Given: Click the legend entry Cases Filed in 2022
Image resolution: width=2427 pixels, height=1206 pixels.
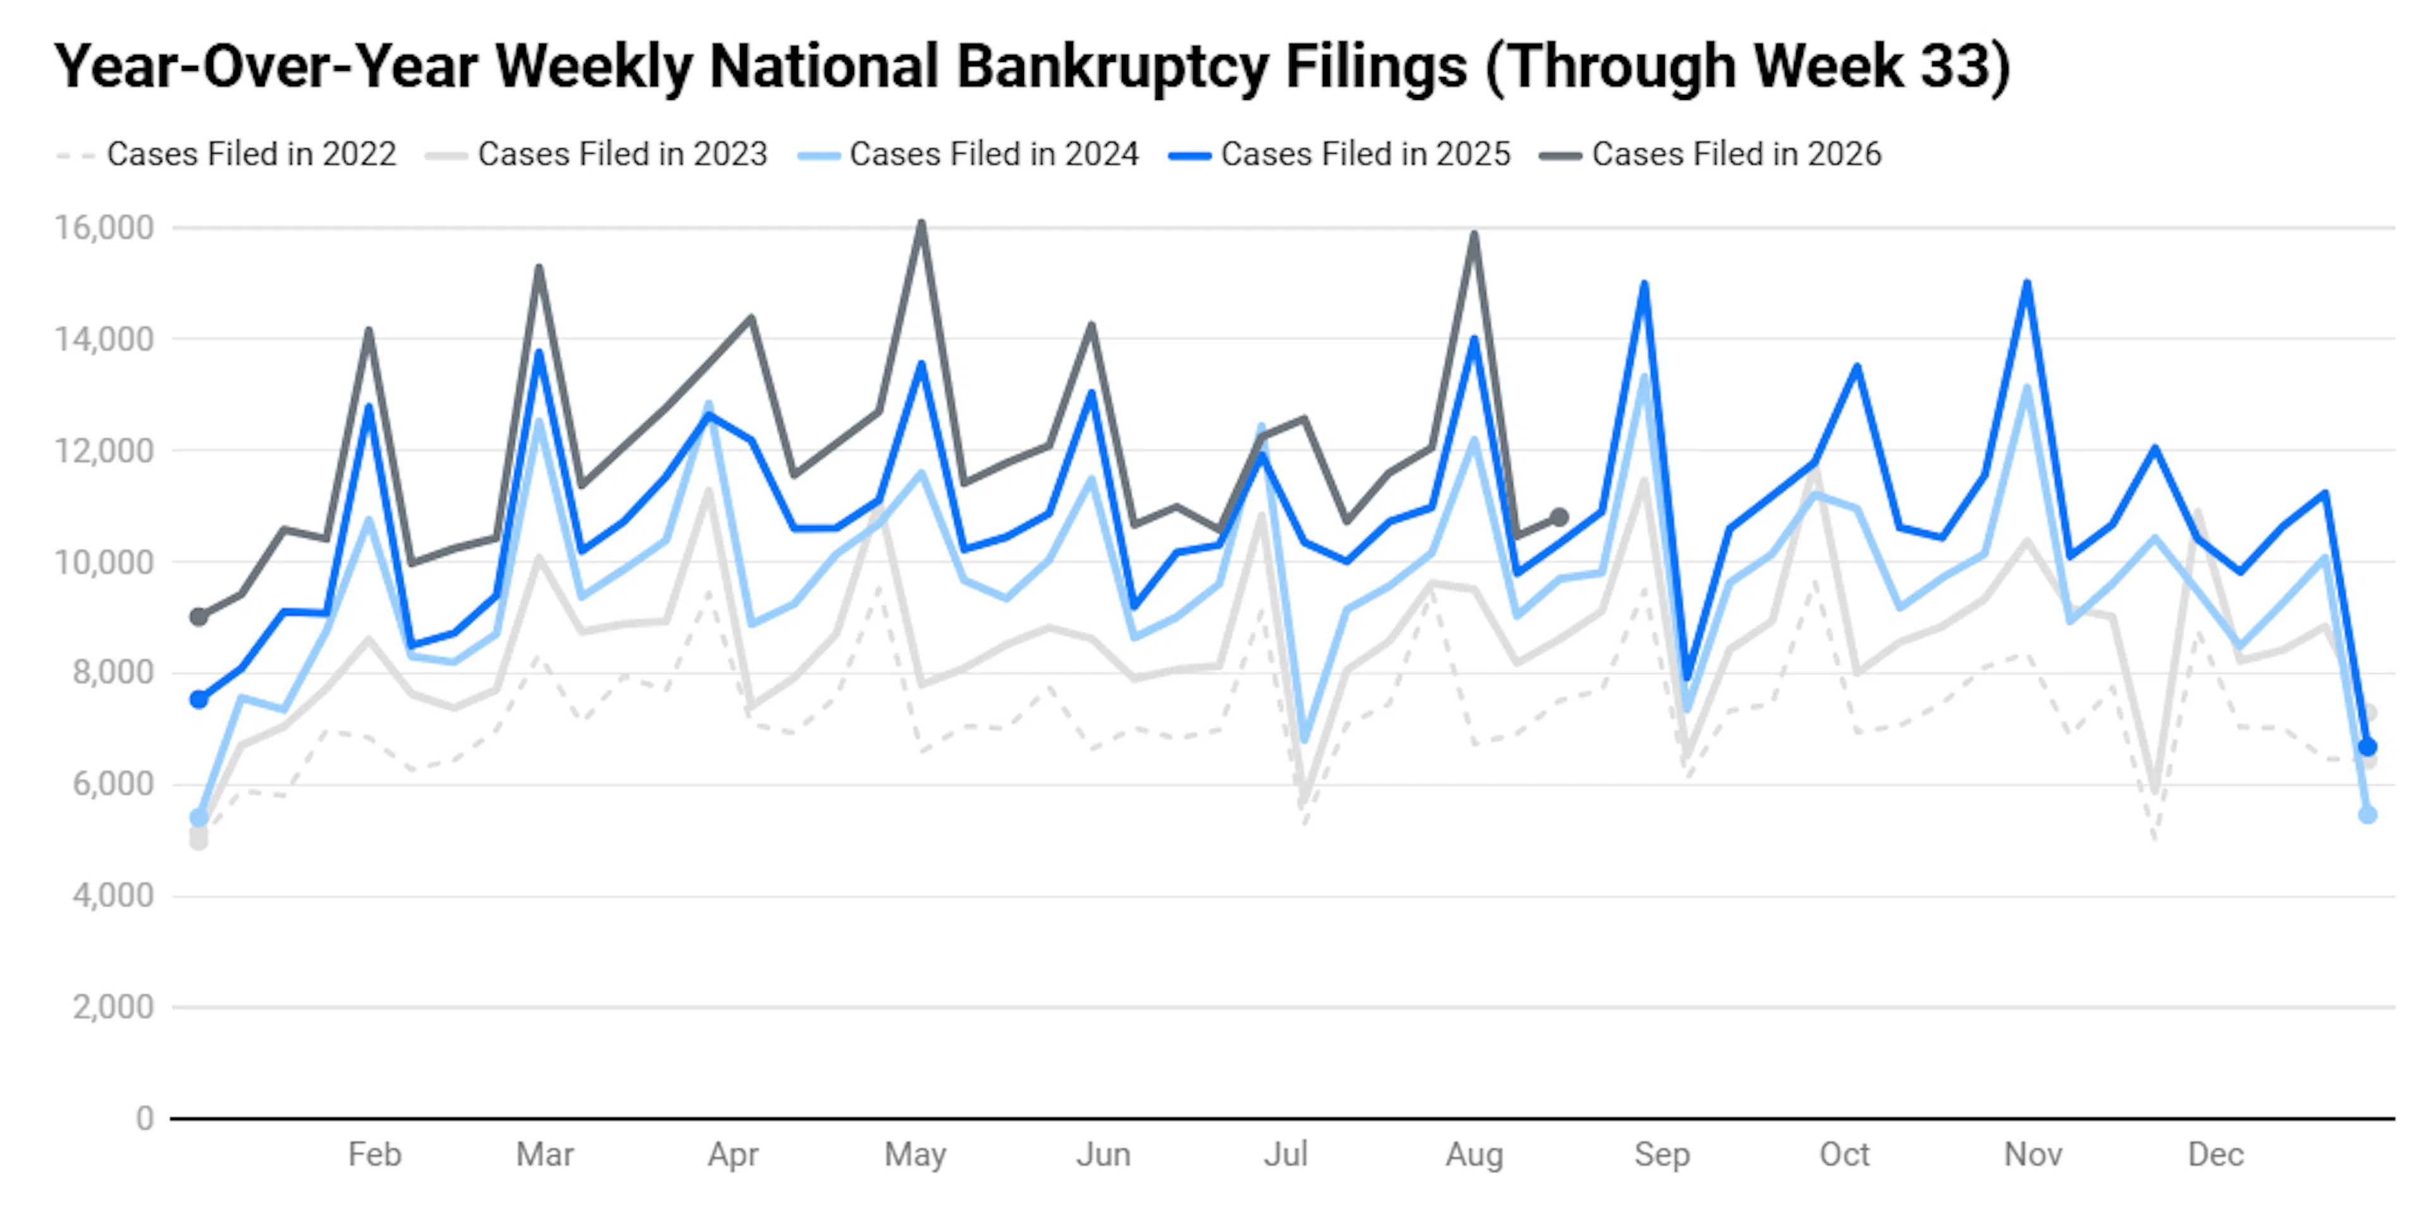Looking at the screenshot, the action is [x=226, y=154].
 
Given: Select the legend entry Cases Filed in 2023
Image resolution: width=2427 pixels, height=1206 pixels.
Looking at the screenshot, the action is [x=597, y=154].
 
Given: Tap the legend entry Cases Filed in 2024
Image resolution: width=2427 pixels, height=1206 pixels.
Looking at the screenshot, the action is [x=968, y=154].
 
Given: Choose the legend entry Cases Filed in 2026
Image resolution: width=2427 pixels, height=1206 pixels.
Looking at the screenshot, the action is [x=1711, y=154].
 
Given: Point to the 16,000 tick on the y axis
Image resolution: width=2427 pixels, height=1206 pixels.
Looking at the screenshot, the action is [x=104, y=228].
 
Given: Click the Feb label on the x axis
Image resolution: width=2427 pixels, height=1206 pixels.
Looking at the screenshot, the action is [x=375, y=1154].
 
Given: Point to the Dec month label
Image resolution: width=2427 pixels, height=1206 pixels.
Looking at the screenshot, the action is [x=2216, y=1154].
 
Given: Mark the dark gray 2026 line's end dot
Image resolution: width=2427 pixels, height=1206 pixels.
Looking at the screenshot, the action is [x=1559, y=517].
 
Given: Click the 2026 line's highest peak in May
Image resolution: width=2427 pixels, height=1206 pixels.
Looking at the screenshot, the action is [x=922, y=222].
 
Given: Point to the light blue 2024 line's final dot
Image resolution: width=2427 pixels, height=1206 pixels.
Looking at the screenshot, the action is [x=2368, y=815].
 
